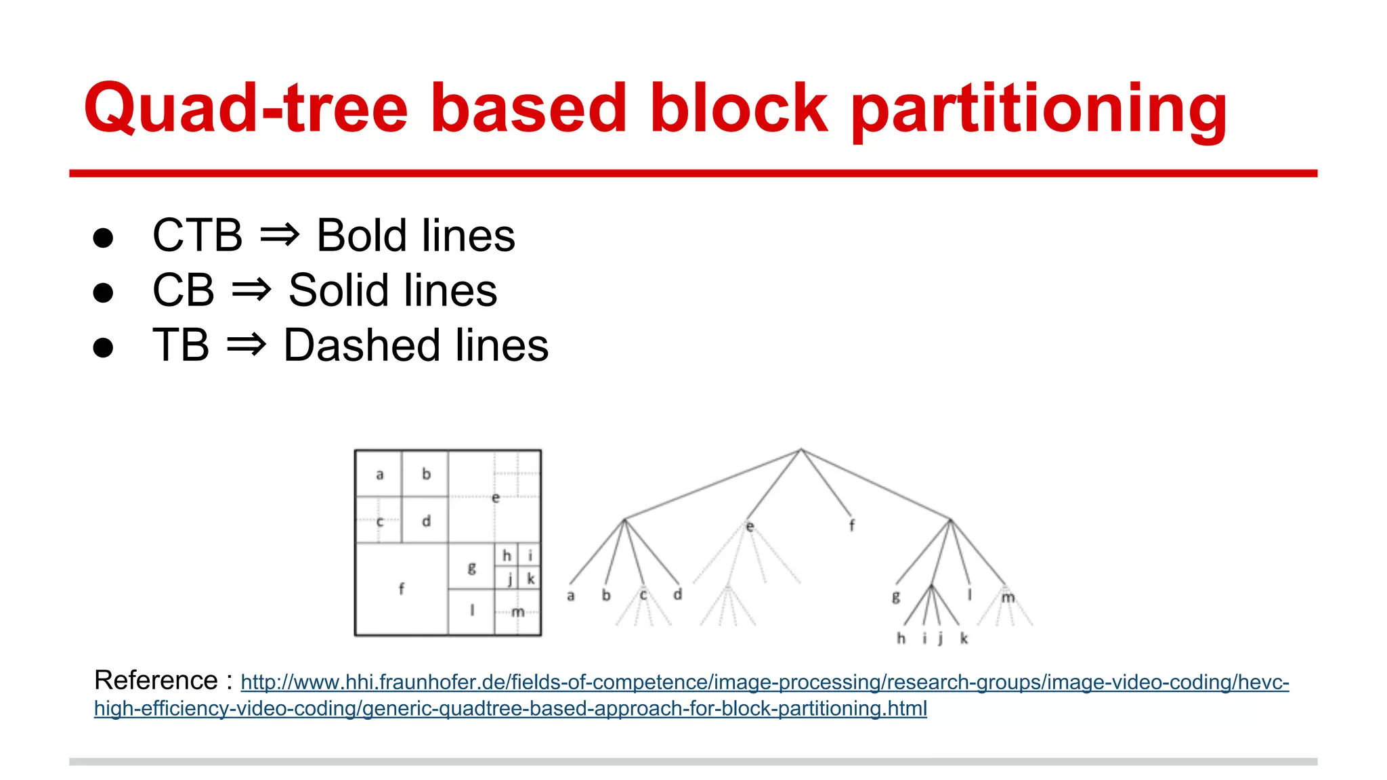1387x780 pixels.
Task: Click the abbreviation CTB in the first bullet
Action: click(197, 236)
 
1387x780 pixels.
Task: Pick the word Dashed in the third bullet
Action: click(359, 345)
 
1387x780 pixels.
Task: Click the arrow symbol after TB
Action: click(246, 345)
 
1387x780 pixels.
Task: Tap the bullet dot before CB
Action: click(103, 292)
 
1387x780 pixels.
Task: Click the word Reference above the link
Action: click(156, 680)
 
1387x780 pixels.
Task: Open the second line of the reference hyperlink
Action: click(510, 708)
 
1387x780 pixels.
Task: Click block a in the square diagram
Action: click(379, 475)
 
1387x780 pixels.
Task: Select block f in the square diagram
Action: click(401, 588)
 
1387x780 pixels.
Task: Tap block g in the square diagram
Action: click(471, 567)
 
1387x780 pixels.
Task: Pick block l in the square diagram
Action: click(471, 611)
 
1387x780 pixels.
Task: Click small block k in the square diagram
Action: click(530, 579)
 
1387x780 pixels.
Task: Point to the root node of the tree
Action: click(801, 449)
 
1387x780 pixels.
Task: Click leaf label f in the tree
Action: click(852, 525)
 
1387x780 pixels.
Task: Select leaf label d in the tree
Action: click(677, 594)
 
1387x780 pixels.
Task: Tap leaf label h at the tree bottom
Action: click(901, 638)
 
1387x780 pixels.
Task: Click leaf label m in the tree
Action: click(1008, 597)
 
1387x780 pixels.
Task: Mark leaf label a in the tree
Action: click(571, 596)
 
